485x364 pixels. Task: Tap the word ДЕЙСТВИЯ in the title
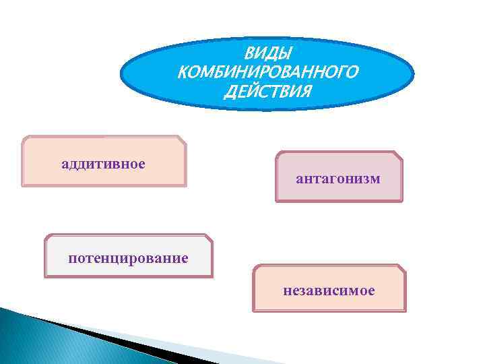click(267, 91)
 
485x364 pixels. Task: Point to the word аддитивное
click(104, 164)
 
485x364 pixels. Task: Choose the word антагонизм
click(338, 179)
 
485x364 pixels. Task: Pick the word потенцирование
click(128, 258)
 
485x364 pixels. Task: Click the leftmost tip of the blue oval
click(121, 74)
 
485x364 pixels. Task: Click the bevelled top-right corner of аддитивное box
click(182, 140)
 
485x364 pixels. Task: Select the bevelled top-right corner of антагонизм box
click(398, 155)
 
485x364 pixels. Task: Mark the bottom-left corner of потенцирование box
click(46, 276)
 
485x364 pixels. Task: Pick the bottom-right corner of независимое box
click(405, 310)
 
